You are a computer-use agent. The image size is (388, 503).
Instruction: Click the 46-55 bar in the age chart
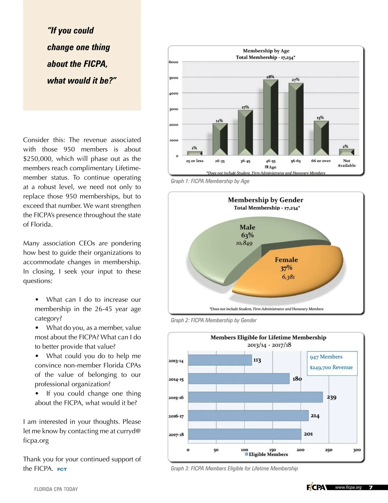(x=271, y=118)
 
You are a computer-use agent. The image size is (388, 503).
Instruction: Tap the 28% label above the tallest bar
(x=270, y=77)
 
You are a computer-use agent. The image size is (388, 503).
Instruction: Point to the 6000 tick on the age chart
(x=174, y=62)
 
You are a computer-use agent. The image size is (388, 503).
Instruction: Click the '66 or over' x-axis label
(x=321, y=161)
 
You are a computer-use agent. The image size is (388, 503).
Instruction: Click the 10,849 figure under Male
(x=244, y=243)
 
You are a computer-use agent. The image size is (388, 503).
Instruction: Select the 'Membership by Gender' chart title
(x=265, y=200)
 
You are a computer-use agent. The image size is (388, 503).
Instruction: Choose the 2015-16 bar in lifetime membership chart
(x=255, y=397)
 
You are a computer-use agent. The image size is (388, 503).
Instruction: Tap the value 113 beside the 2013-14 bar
(x=257, y=360)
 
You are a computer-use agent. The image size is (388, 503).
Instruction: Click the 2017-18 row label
(x=176, y=435)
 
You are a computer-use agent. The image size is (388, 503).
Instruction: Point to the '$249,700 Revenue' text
(x=331, y=367)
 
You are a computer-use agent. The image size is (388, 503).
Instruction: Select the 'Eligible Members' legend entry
(x=266, y=454)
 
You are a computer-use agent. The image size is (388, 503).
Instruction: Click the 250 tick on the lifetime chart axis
(x=329, y=450)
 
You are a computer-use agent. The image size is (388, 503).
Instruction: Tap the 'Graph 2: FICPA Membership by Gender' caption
(x=213, y=320)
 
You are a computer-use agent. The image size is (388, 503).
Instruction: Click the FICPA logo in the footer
(x=316, y=487)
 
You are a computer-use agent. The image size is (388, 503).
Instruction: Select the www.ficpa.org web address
(x=348, y=487)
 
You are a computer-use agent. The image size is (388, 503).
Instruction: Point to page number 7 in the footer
(x=371, y=488)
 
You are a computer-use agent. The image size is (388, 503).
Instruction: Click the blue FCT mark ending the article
(x=62, y=469)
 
